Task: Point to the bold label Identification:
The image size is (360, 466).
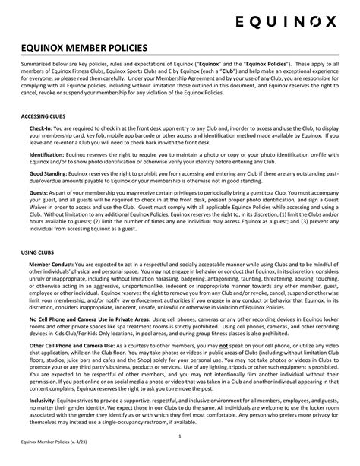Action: [46, 154]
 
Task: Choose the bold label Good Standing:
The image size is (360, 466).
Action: [48, 173]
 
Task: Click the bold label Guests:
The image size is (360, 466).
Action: [39, 191]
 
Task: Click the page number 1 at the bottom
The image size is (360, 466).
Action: [180, 437]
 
